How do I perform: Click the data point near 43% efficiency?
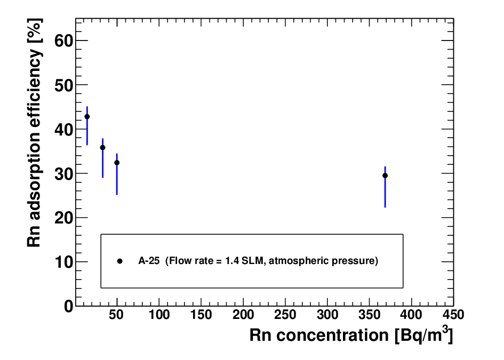click(87, 117)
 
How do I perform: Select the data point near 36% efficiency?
click(102, 148)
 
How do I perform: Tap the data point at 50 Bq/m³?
click(117, 163)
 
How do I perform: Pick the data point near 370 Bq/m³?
click(385, 175)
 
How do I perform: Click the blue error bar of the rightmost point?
click(385, 187)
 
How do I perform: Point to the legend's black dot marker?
click(119, 261)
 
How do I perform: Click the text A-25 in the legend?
click(149, 260)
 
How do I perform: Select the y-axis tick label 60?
click(63, 41)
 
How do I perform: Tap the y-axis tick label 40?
click(63, 130)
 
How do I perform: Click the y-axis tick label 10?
click(63, 262)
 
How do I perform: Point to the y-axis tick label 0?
click(68, 306)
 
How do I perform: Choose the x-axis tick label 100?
click(159, 314)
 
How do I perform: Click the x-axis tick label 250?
click(285, 314)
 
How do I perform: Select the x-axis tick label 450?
click(453, 314)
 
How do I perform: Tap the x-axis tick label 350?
click(369, 314)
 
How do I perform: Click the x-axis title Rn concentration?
click(319, 335)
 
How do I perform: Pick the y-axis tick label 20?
click(63, 218)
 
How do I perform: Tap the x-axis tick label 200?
click(243, 314)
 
